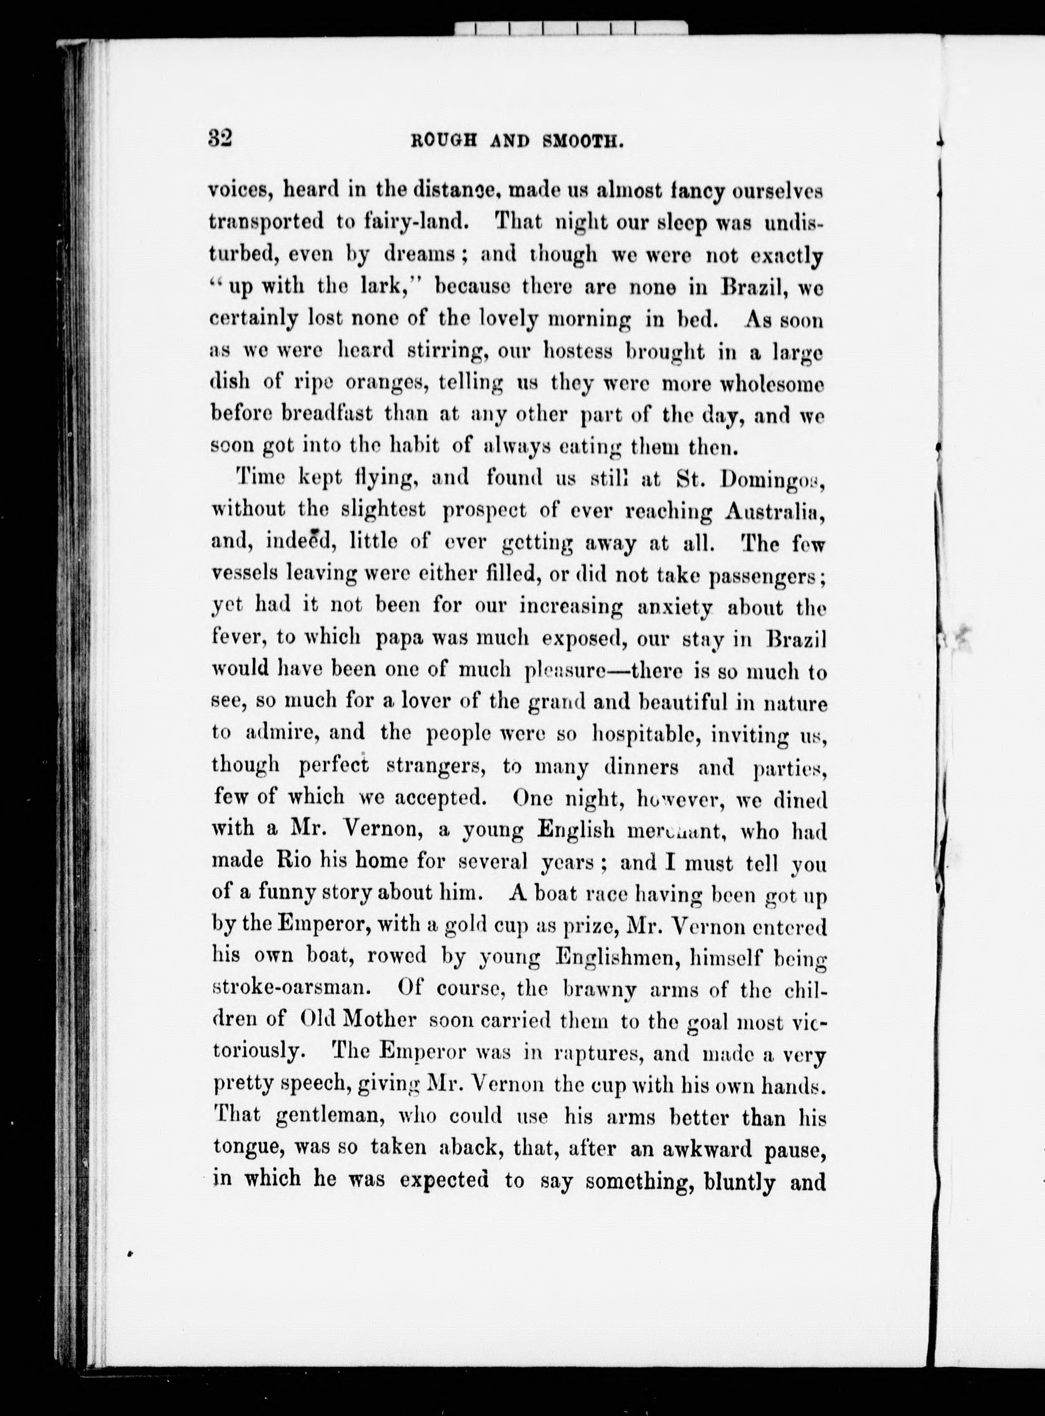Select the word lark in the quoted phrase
coord(392,287)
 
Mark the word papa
coord(399,639)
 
